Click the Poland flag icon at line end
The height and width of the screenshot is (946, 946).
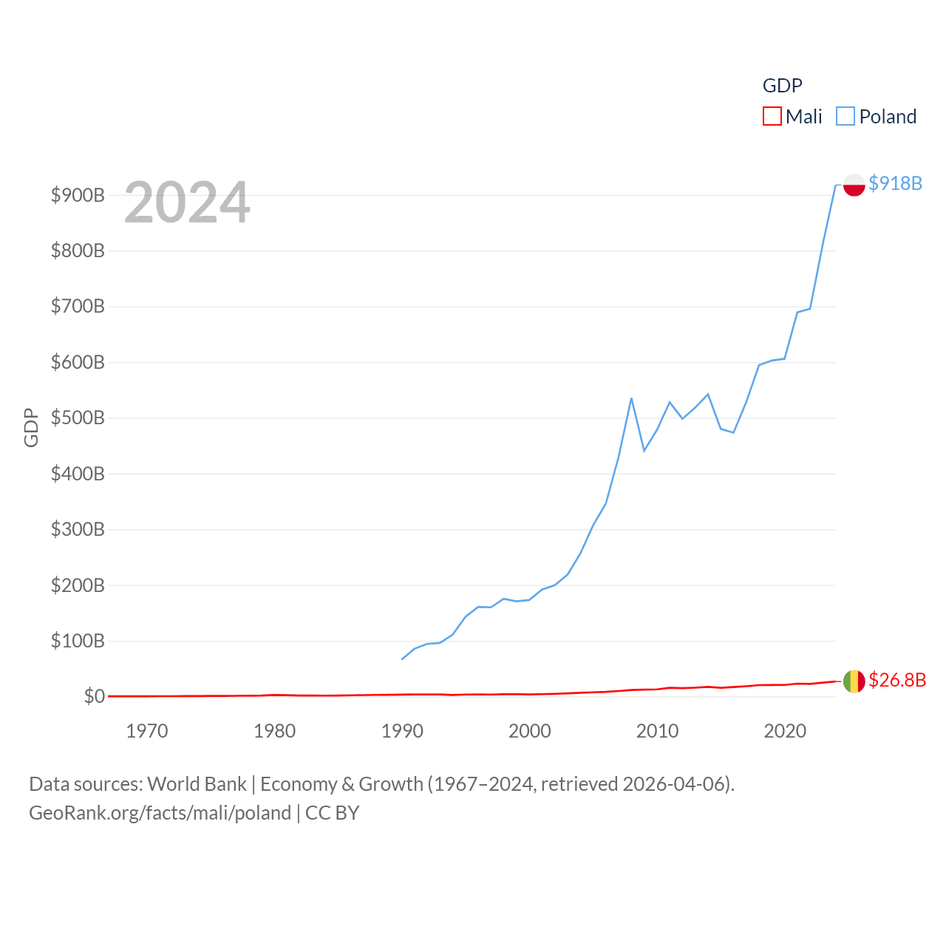[x=854, y=185]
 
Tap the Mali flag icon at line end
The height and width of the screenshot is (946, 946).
[x=854, y=681]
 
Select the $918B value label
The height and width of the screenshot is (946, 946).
[x=895, y=183]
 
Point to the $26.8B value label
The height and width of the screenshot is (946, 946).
[x=897, y=680]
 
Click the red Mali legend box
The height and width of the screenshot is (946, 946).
[x=772, y=117]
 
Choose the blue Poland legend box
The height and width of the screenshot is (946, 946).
[x=845, y=117]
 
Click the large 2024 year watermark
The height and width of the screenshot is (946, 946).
[x=187, y=203]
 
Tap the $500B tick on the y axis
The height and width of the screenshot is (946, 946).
[x=78, y=418]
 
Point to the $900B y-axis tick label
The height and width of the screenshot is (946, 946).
[x=78, y=195]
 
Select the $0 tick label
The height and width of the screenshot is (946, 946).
[x=94, y=696]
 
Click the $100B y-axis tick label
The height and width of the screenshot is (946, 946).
[x=78, y=641]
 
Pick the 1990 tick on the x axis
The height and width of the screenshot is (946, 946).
[x=402, y=731]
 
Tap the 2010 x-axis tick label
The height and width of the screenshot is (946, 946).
[x=657, y=731]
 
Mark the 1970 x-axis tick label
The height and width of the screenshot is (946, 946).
[x=147, y=731]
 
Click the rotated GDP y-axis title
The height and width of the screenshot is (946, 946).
[x=31, y=427]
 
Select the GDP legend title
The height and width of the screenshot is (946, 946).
[x=782, y=86]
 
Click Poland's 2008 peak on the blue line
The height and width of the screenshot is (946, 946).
[x=631, y=398]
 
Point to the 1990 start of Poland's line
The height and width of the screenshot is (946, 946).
[x=402, y=659]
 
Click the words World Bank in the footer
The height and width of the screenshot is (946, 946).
[x=197, y=783]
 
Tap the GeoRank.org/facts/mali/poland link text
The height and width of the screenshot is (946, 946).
[x=160, y=813]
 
